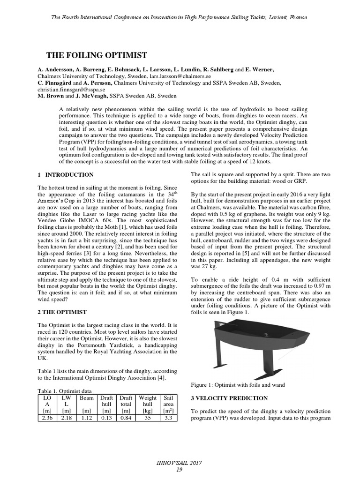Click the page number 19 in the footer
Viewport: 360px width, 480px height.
pos(180,470)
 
